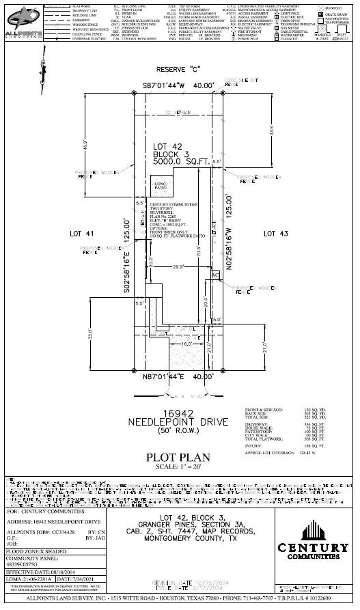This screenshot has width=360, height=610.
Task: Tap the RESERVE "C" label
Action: (x=178, y=70)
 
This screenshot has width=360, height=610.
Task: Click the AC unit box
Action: (x=215, y=274)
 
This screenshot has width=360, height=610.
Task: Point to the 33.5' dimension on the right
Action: (x=271, y=129)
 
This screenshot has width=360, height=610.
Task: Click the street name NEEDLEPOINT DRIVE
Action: (x=178, y=423)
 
